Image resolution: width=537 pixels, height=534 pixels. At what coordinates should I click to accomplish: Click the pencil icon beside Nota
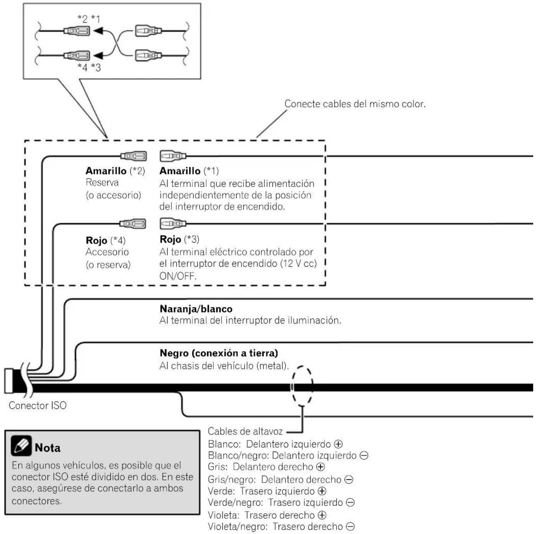21,446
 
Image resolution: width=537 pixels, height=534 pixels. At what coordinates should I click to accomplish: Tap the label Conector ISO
38,406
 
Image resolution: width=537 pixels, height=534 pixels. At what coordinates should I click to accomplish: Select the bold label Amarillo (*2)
115,171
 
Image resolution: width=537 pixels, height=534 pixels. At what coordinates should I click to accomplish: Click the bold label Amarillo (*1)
189,171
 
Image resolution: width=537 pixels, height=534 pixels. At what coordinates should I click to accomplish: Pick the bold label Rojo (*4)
106,240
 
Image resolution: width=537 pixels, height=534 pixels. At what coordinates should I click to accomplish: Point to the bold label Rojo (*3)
179,239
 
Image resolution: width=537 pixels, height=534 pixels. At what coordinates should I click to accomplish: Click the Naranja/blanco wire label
196,309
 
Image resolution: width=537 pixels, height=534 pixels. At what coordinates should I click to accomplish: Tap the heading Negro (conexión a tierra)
219,353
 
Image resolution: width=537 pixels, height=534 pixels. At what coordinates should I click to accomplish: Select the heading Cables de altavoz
245,431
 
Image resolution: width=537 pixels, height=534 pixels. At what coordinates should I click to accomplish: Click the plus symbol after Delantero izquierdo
338,444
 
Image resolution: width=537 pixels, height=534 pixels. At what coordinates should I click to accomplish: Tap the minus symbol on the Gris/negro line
349,480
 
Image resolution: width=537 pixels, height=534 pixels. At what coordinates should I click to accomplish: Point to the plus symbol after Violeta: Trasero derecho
322,515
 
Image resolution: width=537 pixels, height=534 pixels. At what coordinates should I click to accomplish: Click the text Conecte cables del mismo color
355,104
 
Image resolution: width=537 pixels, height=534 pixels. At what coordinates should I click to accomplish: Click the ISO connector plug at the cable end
9,381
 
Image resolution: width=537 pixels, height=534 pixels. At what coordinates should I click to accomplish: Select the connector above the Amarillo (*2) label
133,156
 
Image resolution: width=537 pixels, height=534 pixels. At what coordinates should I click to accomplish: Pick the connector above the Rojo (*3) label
173,223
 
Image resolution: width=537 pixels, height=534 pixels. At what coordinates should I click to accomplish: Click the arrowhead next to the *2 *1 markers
98,30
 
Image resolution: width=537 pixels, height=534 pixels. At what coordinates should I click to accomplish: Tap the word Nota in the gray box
48,448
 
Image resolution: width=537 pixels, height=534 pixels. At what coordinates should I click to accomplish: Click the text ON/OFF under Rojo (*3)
178,276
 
